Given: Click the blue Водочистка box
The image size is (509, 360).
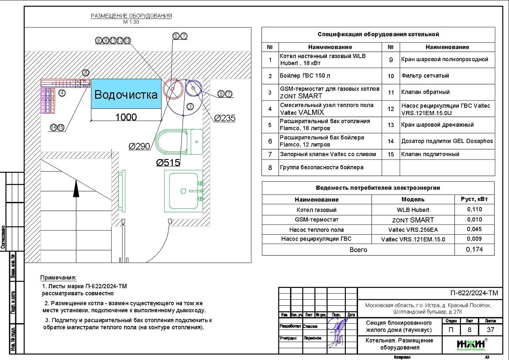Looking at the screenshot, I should [x=126, y=95].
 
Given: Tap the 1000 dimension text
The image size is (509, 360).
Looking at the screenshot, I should [x=126, y=117].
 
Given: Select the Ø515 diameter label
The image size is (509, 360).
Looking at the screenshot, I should [x=168, y=163].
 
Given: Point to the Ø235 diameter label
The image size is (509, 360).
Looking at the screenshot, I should [x=225, y=118].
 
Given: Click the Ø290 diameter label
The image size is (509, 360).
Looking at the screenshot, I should [x=140, y=146].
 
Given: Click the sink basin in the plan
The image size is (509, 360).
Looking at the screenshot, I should [x=183, y=191].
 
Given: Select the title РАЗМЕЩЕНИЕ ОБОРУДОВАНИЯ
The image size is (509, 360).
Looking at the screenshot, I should [x=131, y=16].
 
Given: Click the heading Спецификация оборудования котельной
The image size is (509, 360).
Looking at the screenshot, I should [x=378, y=34].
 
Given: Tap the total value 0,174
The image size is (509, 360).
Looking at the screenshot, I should [x=474, y=249].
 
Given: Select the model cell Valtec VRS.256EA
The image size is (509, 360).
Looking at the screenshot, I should [x=412, y=229].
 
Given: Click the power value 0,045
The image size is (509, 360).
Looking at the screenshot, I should [x=474, y=229].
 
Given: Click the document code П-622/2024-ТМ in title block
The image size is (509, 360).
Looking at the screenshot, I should [x=474, y=293].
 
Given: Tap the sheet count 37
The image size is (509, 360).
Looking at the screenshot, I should [x=487, y=330].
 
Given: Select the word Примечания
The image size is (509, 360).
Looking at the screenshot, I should [x=58, y=278].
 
